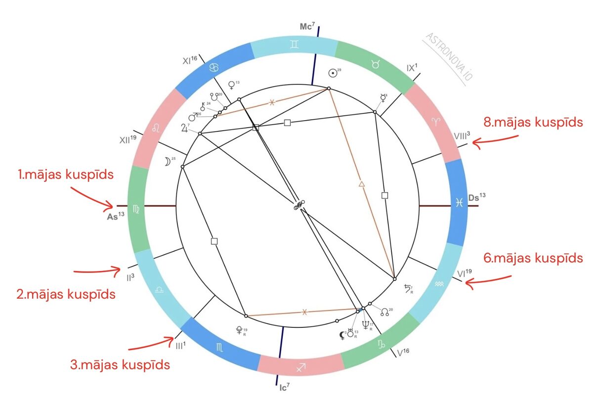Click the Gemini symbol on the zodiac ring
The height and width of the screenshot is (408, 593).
[294, 45]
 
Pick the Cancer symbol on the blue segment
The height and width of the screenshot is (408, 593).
[214, 67]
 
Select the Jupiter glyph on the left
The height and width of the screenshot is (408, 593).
[185, 129]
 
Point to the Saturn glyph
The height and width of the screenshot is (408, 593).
[408, 288]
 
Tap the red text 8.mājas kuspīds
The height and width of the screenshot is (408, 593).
[533, 122]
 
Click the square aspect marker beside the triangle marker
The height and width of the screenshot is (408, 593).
[385, 195]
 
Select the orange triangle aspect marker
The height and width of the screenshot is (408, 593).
[361, 184]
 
